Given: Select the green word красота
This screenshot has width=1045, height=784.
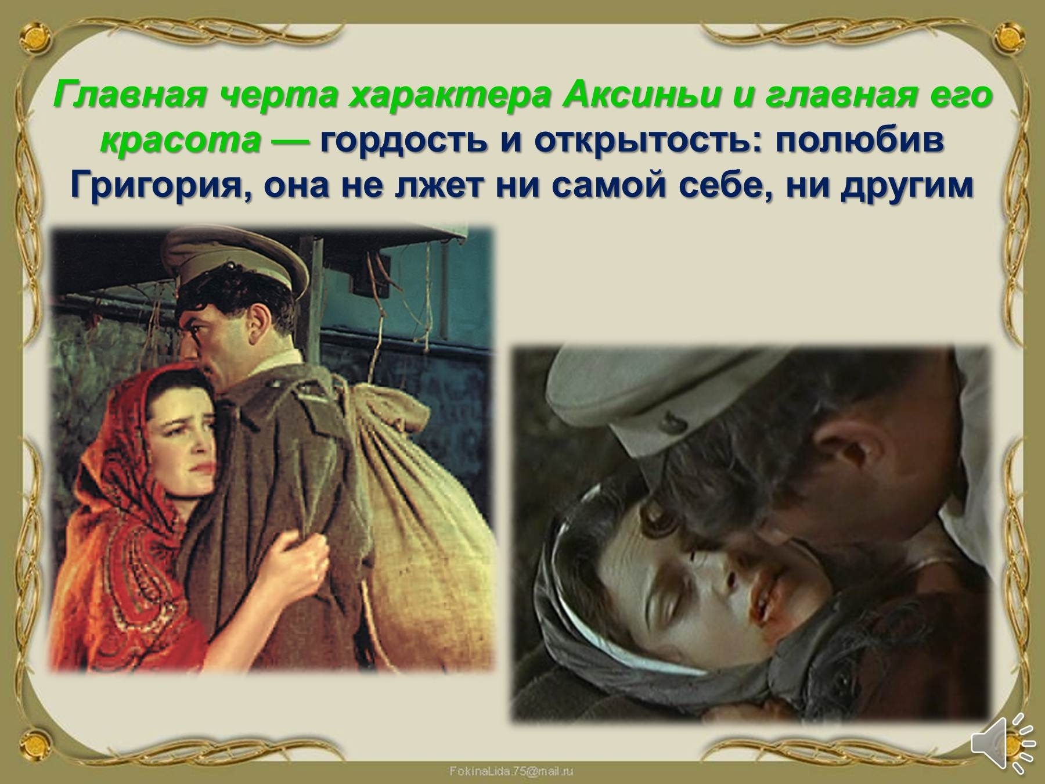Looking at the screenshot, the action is coord(180,142).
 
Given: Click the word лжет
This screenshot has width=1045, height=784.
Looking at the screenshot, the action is coord(444,186).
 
